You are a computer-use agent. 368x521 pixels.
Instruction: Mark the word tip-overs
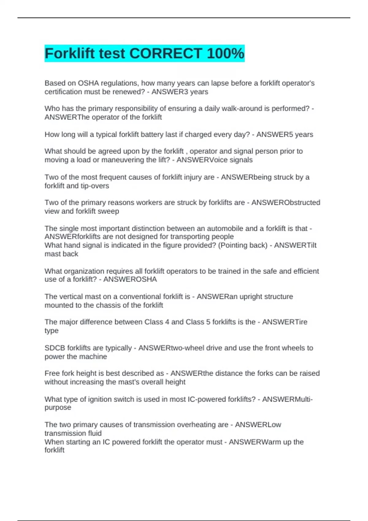(95, 186)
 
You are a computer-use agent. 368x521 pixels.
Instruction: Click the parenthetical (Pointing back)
(243, 245)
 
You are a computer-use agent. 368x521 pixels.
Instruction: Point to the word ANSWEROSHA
(130, 280)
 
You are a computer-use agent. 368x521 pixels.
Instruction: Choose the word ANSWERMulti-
(287, 399)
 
